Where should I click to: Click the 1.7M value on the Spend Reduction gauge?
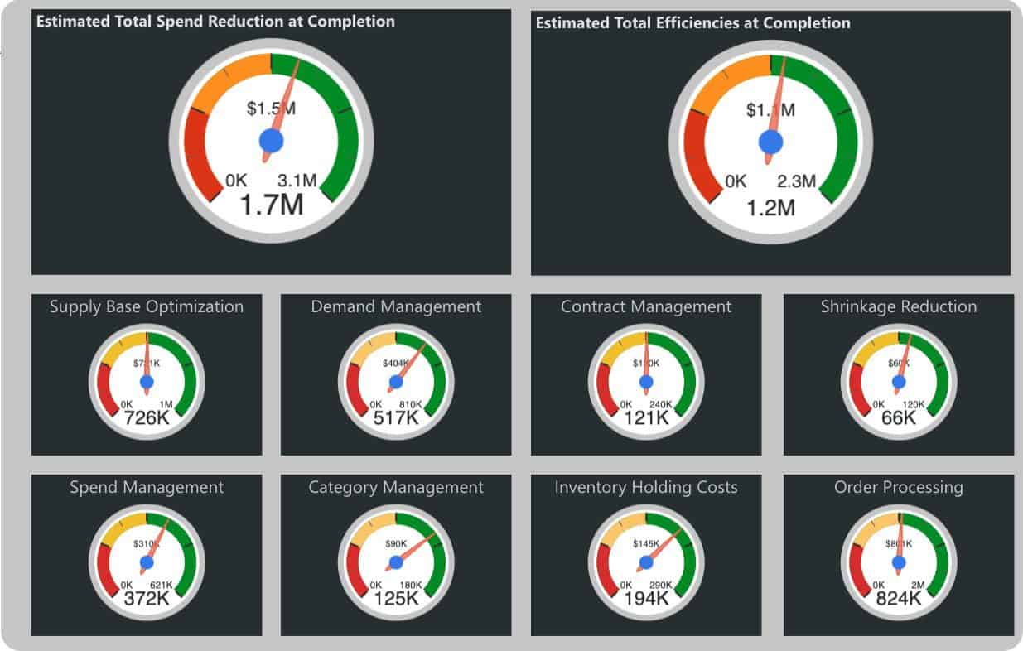272,204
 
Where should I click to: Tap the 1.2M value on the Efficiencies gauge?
770,207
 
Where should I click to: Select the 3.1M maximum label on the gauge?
297,180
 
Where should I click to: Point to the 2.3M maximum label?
796,181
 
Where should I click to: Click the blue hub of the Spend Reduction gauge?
272,141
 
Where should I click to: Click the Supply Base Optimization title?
147,306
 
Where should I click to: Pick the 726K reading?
147,418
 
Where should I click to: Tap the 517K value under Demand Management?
396,418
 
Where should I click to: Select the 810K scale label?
411,404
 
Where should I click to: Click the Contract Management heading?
646,306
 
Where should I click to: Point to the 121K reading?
646,418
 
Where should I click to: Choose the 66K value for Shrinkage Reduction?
899,418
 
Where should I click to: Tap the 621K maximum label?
161,585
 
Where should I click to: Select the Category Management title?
396,487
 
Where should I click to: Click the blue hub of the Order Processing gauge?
899,562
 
